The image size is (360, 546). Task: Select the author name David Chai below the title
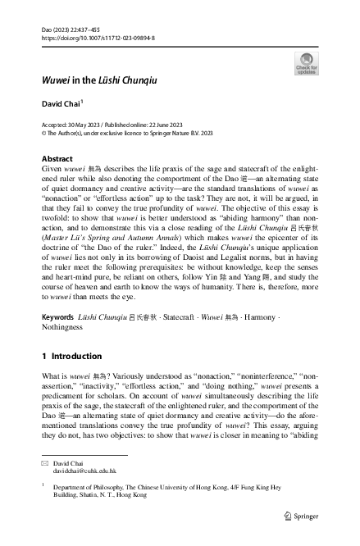[x=62, y=126]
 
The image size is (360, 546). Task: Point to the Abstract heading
[x=57, y=158]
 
